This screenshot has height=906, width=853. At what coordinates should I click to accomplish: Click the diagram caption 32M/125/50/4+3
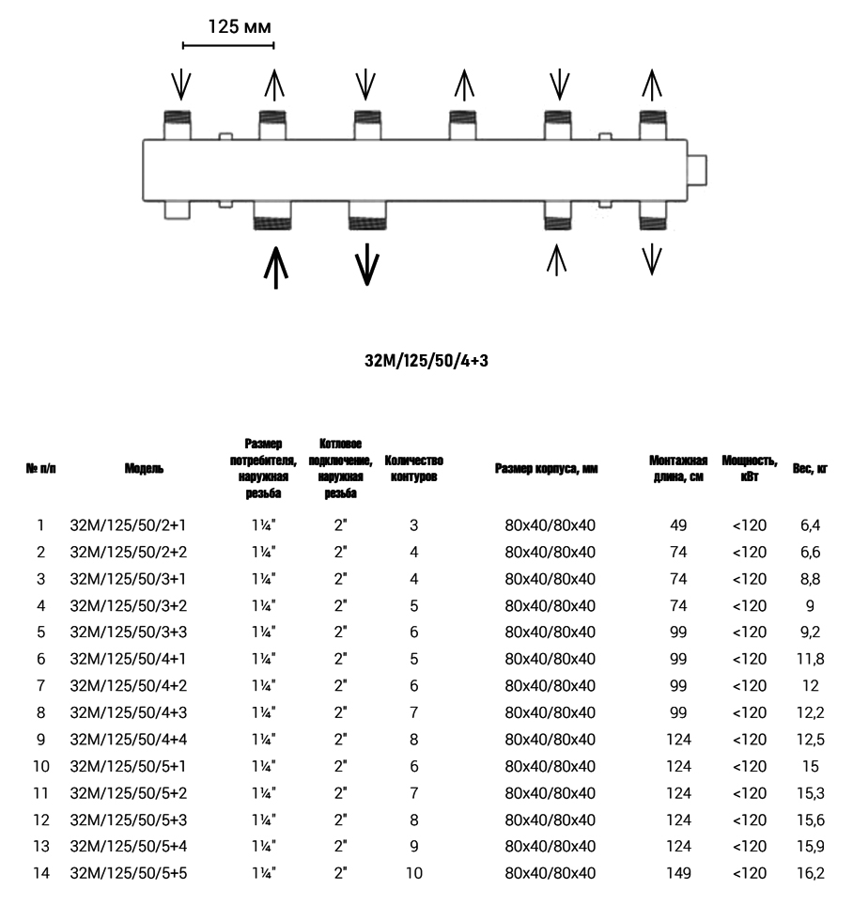426,360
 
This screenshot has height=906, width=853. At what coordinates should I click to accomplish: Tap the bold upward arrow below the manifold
275,266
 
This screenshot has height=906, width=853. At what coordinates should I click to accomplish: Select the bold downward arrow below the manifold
366,263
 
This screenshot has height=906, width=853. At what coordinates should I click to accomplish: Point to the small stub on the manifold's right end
699,169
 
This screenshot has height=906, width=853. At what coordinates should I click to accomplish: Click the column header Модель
143,468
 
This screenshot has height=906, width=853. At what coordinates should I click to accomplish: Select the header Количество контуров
413,468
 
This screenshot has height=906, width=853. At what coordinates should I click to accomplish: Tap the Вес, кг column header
810,468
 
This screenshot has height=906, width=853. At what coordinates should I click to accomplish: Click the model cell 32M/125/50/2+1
129,524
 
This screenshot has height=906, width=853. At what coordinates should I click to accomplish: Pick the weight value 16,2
810,874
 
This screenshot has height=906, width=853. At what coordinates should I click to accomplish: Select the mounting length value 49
678,524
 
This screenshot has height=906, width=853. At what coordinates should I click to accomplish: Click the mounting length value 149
678,874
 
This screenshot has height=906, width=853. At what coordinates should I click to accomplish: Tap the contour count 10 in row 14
413,874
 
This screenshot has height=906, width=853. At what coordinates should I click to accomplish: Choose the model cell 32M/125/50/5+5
129,874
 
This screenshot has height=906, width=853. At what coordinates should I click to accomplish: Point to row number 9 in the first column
40,740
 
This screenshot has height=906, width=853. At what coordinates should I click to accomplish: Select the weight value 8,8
810,578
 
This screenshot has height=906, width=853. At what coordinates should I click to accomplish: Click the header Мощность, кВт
749,468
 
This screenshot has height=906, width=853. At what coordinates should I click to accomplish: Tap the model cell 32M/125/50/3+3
129,632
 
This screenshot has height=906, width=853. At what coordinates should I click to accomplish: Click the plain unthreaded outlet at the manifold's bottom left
178,209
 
